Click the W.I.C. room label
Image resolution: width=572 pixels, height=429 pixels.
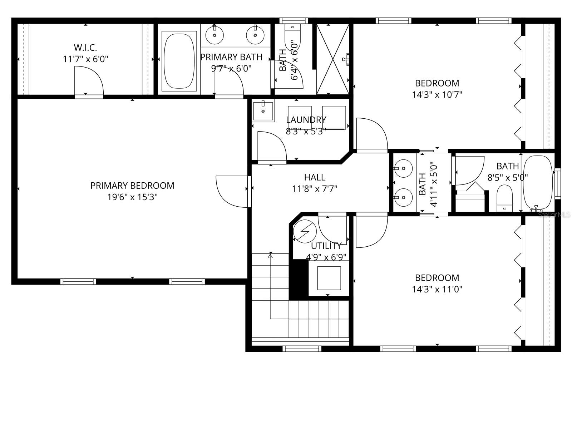(x=85, y=47)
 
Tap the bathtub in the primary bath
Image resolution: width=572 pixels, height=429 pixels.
(x=179, y=61)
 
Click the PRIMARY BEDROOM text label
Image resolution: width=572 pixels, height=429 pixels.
(x=132, y=186)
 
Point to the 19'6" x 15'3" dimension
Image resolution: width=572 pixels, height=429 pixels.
(x=132, y=197)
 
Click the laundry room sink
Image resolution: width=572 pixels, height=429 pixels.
(x=263, y=111)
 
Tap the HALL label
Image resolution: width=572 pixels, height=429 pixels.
(x=315, y=177)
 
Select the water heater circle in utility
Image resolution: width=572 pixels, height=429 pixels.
(x=305, y=231)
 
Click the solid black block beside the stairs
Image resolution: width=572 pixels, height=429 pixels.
(x=298, y=279)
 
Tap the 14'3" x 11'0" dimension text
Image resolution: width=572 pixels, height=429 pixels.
(x=437, y=289)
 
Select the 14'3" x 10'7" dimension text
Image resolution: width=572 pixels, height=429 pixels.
(x=437, y=95)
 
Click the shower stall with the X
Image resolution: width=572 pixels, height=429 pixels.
(x=333, y=59)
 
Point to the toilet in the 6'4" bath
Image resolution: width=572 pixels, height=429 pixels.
(x=293, y=38)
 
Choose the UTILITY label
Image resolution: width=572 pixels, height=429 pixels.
(x=326, y=246)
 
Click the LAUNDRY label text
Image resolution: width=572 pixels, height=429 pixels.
(x=306, y=120)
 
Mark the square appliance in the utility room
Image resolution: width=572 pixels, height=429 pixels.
(x=329, y=278)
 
